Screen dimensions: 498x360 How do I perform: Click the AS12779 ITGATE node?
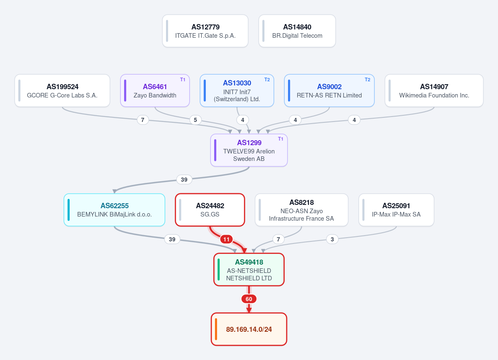point(205,31)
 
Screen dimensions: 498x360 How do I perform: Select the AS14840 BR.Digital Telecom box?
point(297,31)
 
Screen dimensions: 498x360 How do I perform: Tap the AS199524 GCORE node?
point(62,90)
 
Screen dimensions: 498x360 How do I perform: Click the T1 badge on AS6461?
point(183,80)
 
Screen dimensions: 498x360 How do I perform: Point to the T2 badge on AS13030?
point(267,80)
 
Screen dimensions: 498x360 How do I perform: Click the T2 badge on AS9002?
point(368,80)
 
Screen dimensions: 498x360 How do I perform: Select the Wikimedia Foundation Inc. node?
point(434,90)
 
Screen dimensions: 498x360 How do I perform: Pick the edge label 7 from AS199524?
point(143,120)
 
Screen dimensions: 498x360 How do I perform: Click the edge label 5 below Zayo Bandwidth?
point(195,120)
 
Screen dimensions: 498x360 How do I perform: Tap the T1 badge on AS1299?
point(281,139)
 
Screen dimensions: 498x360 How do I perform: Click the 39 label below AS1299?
point(184,180)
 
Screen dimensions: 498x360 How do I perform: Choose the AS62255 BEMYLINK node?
point(114,210)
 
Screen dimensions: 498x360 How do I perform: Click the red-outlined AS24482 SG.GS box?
point(210,210)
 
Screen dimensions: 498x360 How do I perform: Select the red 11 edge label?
point(226,239)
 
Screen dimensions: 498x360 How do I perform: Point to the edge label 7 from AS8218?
point(278,239)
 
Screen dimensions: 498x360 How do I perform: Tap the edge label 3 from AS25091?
point(332,239)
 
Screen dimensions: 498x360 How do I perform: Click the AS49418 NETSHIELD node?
point(249,270)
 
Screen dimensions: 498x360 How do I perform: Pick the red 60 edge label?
point(249,299)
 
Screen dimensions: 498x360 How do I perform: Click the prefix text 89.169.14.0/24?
point(249,329)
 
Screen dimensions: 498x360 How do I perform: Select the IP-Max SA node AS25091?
point(396,210)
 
